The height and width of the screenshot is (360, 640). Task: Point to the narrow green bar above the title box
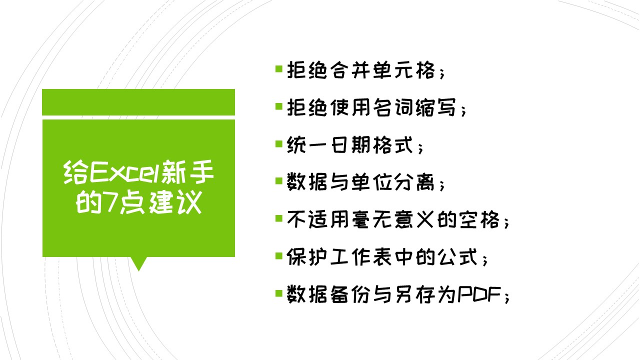[x=138, y=102]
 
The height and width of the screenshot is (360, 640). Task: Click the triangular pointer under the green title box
[x=138, y=263]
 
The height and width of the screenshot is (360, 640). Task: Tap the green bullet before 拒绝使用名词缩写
[x=279, y=106]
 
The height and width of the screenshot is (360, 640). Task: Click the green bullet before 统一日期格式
[x=279, y=144]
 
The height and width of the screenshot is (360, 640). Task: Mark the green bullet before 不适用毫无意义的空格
[x=279, y=218]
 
